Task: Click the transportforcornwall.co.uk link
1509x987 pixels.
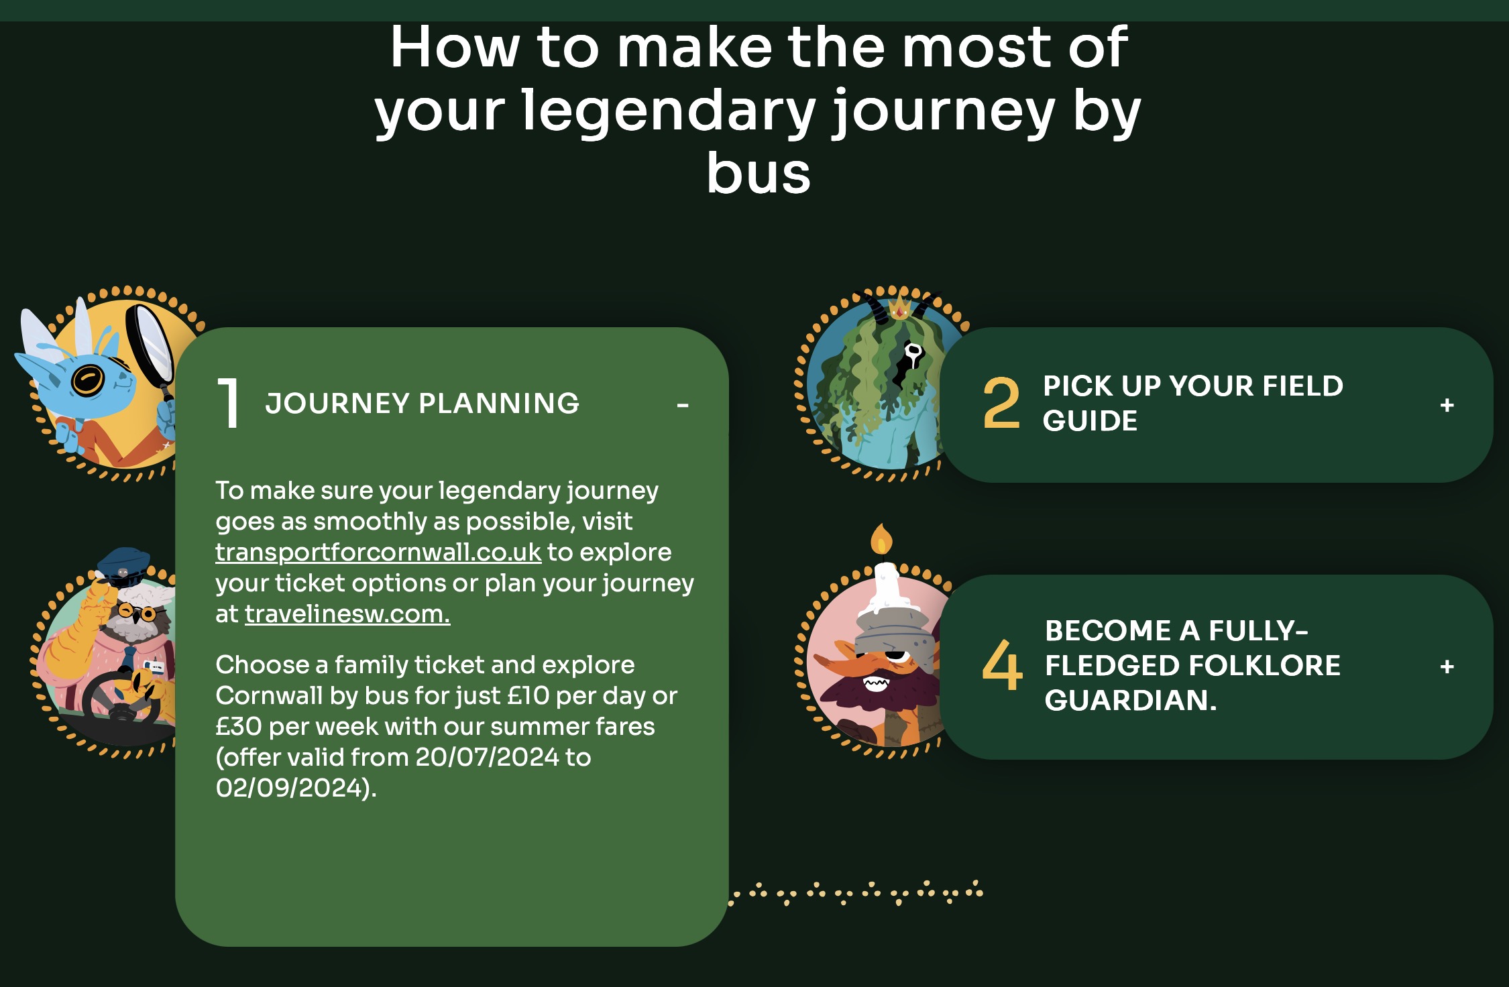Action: pos(378,553)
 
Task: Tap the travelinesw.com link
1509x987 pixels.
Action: pos(347,614)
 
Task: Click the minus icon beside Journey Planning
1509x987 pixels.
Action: pos(683,405)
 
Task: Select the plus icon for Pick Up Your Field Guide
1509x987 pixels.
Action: pos(1447,405)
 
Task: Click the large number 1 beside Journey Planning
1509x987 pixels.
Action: pos(229,402)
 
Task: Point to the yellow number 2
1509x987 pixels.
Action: pos(1001,403)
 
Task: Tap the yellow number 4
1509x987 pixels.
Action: pos(1002,664)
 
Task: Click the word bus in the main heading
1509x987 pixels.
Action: pos(758,173)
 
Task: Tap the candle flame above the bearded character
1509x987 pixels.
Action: pos(881,539)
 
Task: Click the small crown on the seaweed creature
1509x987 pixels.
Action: pos(899,309)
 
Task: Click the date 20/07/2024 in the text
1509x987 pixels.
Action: pos(487,758)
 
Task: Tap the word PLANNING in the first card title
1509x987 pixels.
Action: pos(498,404)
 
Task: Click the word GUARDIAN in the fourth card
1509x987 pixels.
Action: pos(1130,701)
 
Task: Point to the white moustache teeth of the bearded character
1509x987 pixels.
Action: pos(875,683)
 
